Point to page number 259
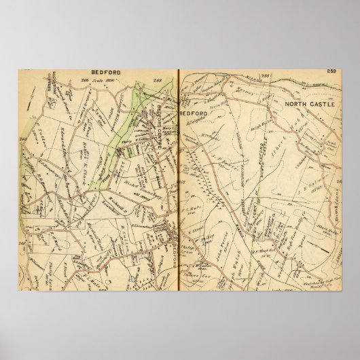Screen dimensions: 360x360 pyautogui.click(x=331, y=71)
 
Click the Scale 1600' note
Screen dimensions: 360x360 pyautogui.click(x=105, y=81)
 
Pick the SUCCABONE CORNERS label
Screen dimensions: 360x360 pyautogui.click(x=54, y=87)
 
